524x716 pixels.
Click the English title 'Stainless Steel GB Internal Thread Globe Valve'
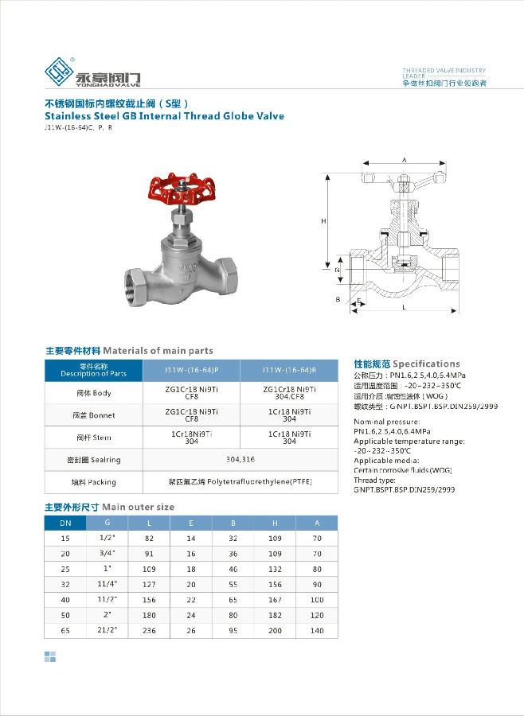pyautogui.click(x=164, y=115)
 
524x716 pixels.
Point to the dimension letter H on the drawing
pyautogui.click(x=323, y=220)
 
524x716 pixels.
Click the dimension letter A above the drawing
pyautogui.click(x=404, y=160)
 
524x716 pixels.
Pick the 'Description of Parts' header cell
pyautogui.click(x=93, y=370)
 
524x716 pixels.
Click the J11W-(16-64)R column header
pyautogui.click(x=289, y=370)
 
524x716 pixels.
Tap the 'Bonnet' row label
pyautogui.click(x=94, y=415)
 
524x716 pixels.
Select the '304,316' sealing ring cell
pyautogui.click(x=240, y=459)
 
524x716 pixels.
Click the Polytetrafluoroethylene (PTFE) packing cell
pyautogui.click(x=239, y=482)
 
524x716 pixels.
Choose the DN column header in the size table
pyautogui.click(x=65, y=523)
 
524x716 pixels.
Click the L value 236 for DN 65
pyautogui.click(x=149, y=630)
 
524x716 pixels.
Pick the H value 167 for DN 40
pyautogui.click(x=275, y=599)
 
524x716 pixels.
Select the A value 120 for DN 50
pyautogui.click(x=317, y=615)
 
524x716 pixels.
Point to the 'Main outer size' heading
pyautogui.click(x=138, y=507)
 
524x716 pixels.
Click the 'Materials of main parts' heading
pyautogui.click(x=158, y=350)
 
